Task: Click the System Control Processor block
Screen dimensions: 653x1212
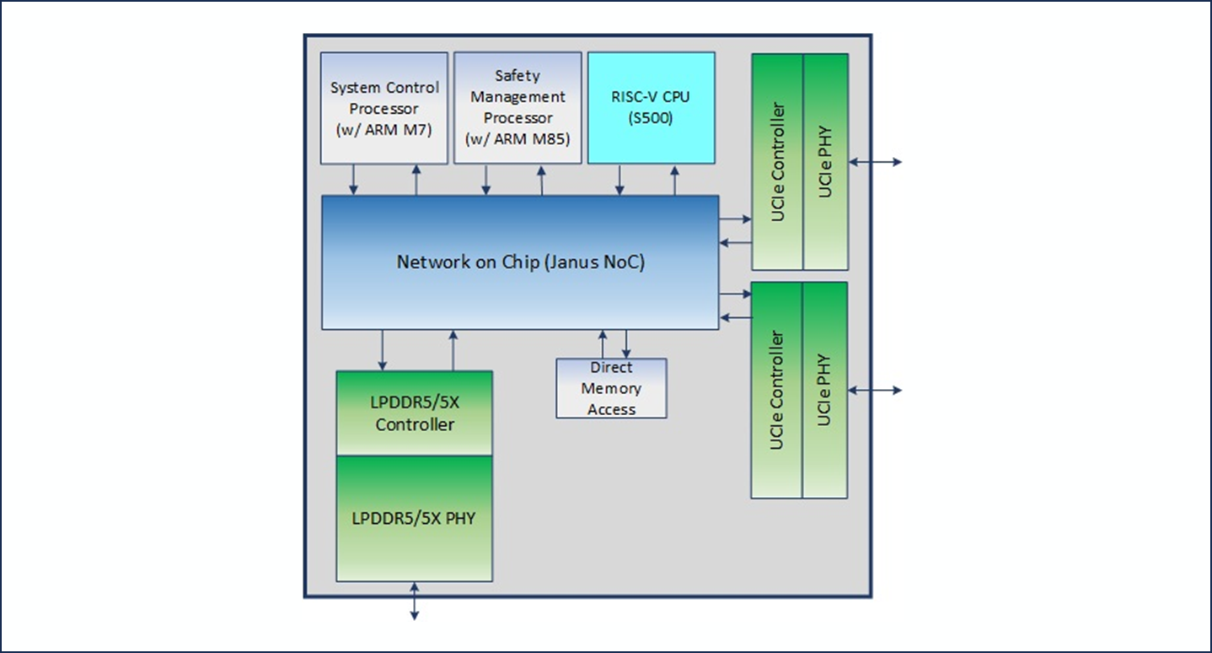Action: pyautogui.click(x=384, y=108)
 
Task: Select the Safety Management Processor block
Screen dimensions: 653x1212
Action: pyautogui.click(x=518, y=107)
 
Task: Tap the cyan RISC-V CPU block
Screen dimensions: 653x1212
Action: pyautogui.click(x=651, y=107)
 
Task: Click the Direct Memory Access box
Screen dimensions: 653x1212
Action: pyautogui.click(x=611, y=388)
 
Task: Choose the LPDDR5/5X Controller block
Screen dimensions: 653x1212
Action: pyautogui.click(x=414, y=413)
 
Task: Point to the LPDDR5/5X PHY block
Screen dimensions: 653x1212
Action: pyautogui.click(x=414, y=518)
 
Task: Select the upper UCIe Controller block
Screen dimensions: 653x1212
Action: pyautogui.click(x=777, y=162)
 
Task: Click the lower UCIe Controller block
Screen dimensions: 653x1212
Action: pyautogui.click(x=776, y=390)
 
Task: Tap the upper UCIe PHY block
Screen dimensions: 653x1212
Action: pyautogui.click(x=825, y=162)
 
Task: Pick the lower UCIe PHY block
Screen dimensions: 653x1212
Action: pyautogui.click(x=825, y=390)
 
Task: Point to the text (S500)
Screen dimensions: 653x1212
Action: pyautogui.click(x=651, y=119)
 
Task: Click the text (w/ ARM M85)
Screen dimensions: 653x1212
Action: pyautogui.click(x=518, y=139)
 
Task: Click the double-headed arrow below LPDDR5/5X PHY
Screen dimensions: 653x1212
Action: pyautogui.click(x=414, y=601)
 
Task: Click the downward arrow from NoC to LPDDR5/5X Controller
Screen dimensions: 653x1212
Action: pyautogui.click(x=383, y=349)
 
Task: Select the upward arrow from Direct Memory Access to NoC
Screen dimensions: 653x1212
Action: pyautogui.click(x=603, y=343)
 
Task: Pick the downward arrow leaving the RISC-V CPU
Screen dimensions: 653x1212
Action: pyautogui.click(x=620, y=180)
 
